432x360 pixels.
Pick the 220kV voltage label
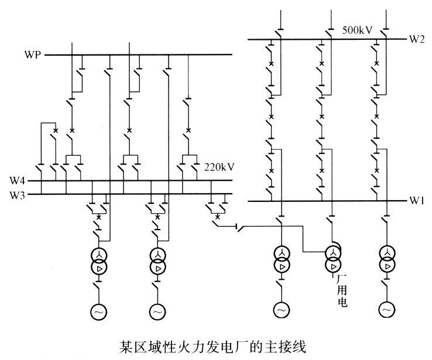pos(220,166)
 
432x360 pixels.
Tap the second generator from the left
pos(157,312)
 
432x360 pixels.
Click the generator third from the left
pos(281,309)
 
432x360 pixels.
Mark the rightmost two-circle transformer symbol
pos(386,259)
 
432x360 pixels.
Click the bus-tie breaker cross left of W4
pos(56,129)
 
